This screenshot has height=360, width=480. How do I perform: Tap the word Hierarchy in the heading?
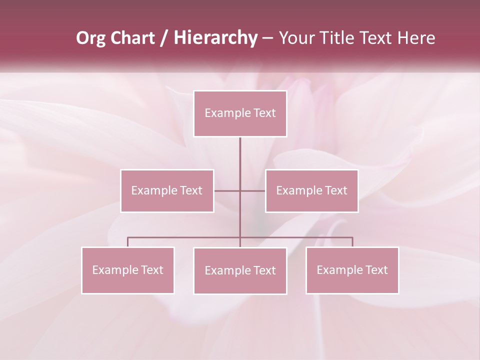point(215,38)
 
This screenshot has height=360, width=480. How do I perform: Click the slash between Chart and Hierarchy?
point(164,38)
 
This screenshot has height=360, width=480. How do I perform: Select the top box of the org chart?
point(240,113)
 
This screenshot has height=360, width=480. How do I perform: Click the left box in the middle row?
point(167,190)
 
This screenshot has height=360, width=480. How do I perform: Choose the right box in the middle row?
point(311,190)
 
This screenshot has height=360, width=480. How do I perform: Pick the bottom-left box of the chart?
point(128,270)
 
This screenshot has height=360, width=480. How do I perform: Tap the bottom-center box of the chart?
point(240,270)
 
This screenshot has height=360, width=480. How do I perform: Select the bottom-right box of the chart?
point(352,270)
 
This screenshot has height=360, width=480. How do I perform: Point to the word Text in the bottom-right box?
point(376,270)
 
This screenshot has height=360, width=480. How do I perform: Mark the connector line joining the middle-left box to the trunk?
point(227,191)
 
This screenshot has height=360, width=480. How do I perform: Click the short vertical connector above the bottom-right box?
point(352,242)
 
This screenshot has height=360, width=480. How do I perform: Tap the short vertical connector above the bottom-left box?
point(128,242)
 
